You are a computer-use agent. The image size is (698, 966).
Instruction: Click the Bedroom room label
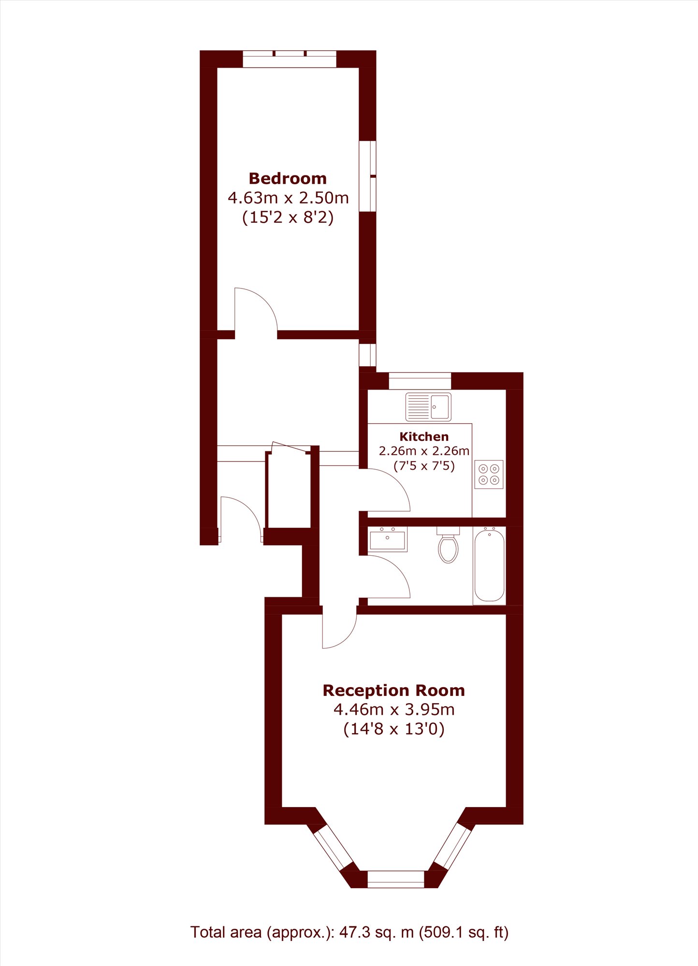click(x=288, y=179)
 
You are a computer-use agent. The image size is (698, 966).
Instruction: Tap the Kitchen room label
click(x=424, y=437)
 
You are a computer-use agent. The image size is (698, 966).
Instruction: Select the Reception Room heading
click(x=393, y=691)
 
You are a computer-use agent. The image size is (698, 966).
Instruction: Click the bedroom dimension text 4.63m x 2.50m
click(x=288, y=198)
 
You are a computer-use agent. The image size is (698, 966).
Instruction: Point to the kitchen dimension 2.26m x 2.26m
click(x=424, y=451)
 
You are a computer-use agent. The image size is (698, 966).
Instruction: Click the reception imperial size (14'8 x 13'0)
click(x=393, y=729)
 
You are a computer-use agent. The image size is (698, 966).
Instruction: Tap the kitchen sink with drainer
click(x=428, y=407)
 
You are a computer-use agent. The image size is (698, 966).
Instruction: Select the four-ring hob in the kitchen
click(x=489, y=475)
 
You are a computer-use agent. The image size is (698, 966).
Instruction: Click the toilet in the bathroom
click(x=448, y=545)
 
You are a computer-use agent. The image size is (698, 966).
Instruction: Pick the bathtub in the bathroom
click(x=489, y=565)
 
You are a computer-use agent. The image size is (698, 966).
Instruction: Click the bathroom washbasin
click(x=388, y=539)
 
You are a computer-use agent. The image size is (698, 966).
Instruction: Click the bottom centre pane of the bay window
click(x=396, y=879)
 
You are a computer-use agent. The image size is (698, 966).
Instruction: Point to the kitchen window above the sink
click(x=420, y=381)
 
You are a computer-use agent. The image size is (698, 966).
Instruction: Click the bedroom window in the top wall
click(x=289, y=59)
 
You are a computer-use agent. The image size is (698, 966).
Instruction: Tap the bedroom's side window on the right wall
click(x=367, y=176)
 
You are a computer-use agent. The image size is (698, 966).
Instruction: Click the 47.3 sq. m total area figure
click(x=377, y=932)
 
